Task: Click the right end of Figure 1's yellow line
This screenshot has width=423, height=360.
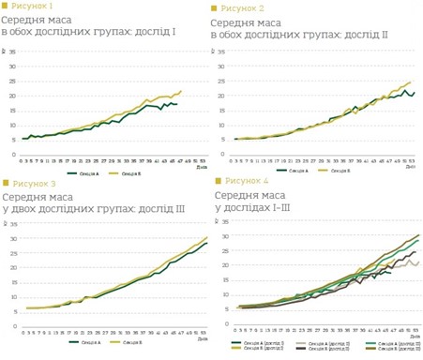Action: (180, 91)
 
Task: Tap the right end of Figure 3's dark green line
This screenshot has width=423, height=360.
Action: (206, 243)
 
